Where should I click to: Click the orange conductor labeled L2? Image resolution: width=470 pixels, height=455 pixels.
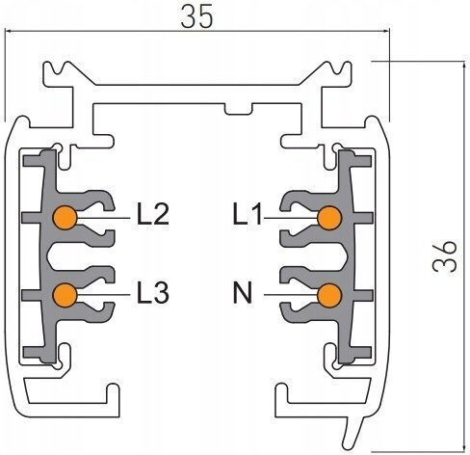point(65,218)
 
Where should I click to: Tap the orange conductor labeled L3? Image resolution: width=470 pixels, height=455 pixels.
point(65,295)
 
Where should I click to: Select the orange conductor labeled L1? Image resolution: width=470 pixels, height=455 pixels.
point(329,218)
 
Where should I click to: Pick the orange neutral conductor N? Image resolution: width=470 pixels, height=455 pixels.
point(329,295)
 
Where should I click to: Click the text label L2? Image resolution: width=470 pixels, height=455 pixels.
point(153,214)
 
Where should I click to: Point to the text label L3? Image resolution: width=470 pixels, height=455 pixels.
point(153,292)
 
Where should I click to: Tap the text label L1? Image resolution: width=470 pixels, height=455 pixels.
point(248,213)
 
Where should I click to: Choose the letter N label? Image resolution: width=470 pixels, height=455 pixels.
point(243,292)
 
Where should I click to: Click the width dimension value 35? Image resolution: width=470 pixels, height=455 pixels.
point(196,16)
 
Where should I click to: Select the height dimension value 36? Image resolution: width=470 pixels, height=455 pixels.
point(445,256)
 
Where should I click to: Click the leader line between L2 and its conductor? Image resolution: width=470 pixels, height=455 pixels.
point(103,218)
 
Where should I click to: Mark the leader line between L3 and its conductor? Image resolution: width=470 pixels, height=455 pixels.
point(103,294)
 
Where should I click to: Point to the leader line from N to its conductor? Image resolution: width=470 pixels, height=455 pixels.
point(291,294)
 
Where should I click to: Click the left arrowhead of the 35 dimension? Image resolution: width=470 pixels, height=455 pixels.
point(9,31)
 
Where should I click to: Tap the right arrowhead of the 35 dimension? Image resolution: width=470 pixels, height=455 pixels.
point(385,32)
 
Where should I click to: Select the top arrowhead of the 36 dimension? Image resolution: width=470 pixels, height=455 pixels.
point(463,66)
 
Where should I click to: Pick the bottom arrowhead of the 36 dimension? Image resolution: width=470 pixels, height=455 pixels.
point(463,446)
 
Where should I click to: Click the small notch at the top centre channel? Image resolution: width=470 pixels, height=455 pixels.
point(238,109)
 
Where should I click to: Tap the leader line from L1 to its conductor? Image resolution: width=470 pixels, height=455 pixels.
point(291,218)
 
